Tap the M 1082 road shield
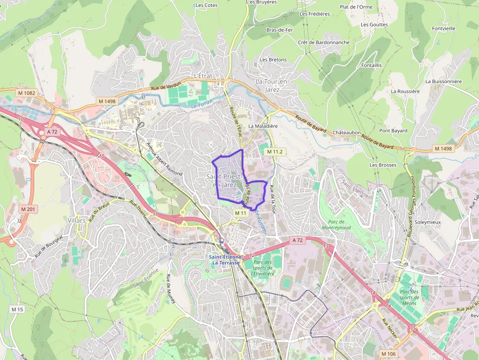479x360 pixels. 26,93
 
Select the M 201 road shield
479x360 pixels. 28,209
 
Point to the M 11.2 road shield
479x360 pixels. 275,152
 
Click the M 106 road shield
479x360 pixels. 388,354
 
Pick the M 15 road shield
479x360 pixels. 17,309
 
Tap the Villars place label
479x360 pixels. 77,220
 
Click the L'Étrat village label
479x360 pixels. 204,76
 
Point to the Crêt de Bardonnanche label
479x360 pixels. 324,42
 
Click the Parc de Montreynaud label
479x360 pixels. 337,224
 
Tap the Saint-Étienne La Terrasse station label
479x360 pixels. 225,260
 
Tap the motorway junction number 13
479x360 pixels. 326,246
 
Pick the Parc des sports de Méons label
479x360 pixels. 409,297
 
